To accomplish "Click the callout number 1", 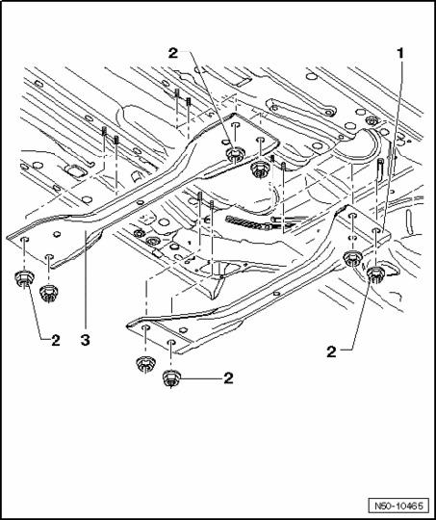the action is pyautogui.click(x=400, y=53).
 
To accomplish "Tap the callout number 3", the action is pyautogui.click(x=86, y=340).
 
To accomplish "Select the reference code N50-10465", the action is pyautogui.click(x=398, y=507).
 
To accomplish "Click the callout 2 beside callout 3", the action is pyautogui.click(x=56, y=340).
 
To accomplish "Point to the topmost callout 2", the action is pyautogui.click(x=173, y=53).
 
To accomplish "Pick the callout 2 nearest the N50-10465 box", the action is pyautogui.click(x=331, y=351).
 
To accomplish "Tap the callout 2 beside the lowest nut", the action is pyautogui.click(x=228, y=378).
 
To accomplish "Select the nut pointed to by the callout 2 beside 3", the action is pyautogui.click(x=24, y=278).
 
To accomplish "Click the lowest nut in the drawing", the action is pyautogui.click(x=171, y=378).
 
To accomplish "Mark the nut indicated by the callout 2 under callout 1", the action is pyautogui.click(x=375, y=274).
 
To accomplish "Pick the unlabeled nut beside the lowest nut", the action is pyautogui.click(x=145, y=364).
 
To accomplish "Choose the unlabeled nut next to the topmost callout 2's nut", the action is pyautogui.click(x=260, y=169).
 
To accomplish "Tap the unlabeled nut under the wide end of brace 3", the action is pyautogui.click(x=49, y=293).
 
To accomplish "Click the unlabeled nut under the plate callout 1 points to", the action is pyautogui.click(x=352, y=259).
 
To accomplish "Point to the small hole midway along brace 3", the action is pyautogui.click(x=141, y=201).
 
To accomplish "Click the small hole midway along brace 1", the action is pyautogui.click(x=277, y=294).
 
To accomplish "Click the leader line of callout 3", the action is pyautogui.click(x=86, y=282).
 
